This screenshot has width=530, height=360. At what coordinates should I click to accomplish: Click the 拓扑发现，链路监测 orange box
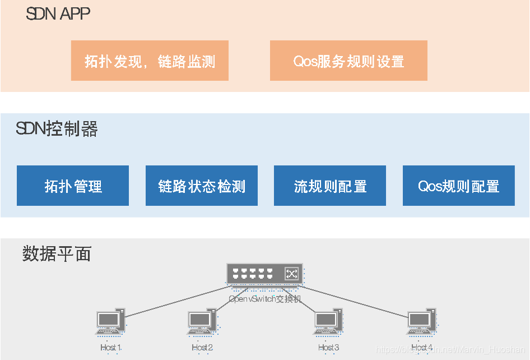pos(150,61)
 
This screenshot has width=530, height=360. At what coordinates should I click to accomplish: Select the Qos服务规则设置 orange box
pos(348,61)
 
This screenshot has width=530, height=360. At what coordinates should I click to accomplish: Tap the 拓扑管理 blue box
pos(73,186)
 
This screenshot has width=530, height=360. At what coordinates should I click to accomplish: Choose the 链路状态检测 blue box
pos(202,186)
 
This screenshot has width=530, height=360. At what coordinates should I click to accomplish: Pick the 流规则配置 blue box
pos(330,186)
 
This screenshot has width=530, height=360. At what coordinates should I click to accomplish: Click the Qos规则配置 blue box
pos(458,186)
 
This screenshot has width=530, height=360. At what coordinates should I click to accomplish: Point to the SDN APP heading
pos(58,14)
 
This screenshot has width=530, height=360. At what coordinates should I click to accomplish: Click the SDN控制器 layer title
pos(57,130)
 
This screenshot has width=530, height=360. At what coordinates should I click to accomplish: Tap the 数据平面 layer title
pos(57,254)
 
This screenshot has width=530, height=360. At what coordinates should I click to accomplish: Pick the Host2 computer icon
pos(201,322)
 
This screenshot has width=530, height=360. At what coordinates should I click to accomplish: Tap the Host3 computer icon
pos(328,322)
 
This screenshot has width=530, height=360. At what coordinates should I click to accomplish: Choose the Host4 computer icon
pos(421,322)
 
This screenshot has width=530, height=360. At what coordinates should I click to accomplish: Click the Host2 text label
pos(202,348)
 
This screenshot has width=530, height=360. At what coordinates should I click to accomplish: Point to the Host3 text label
pos(329,348)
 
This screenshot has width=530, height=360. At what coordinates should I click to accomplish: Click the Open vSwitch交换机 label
pos(265,299)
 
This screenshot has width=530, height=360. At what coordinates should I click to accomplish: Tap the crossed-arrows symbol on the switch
pos(291,274)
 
